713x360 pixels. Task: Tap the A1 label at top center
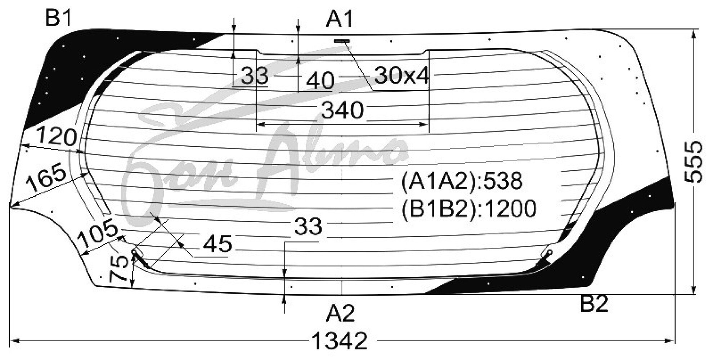pos(340,19)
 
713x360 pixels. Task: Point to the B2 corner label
pos(594,304)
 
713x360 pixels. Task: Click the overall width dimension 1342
pos(340,341)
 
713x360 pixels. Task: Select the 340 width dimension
pos(342,110)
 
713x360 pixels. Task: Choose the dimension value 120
pos(57,137)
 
